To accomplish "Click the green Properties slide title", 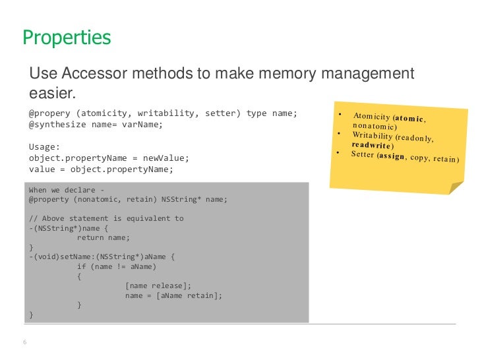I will [x=67, y=38].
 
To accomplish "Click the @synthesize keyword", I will [x=55, y=124].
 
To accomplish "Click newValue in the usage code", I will [x=166, y=158].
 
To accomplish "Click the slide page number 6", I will [x=24, y=342].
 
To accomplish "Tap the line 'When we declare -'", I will [x=67, y=191].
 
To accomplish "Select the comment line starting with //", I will [x=106, y=218].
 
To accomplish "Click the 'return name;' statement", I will [x=104, y=237].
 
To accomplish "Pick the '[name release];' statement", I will [x=158, y=285].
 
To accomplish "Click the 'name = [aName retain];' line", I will [x=174, y=295].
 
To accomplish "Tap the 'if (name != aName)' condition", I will [x=117, y=266].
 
